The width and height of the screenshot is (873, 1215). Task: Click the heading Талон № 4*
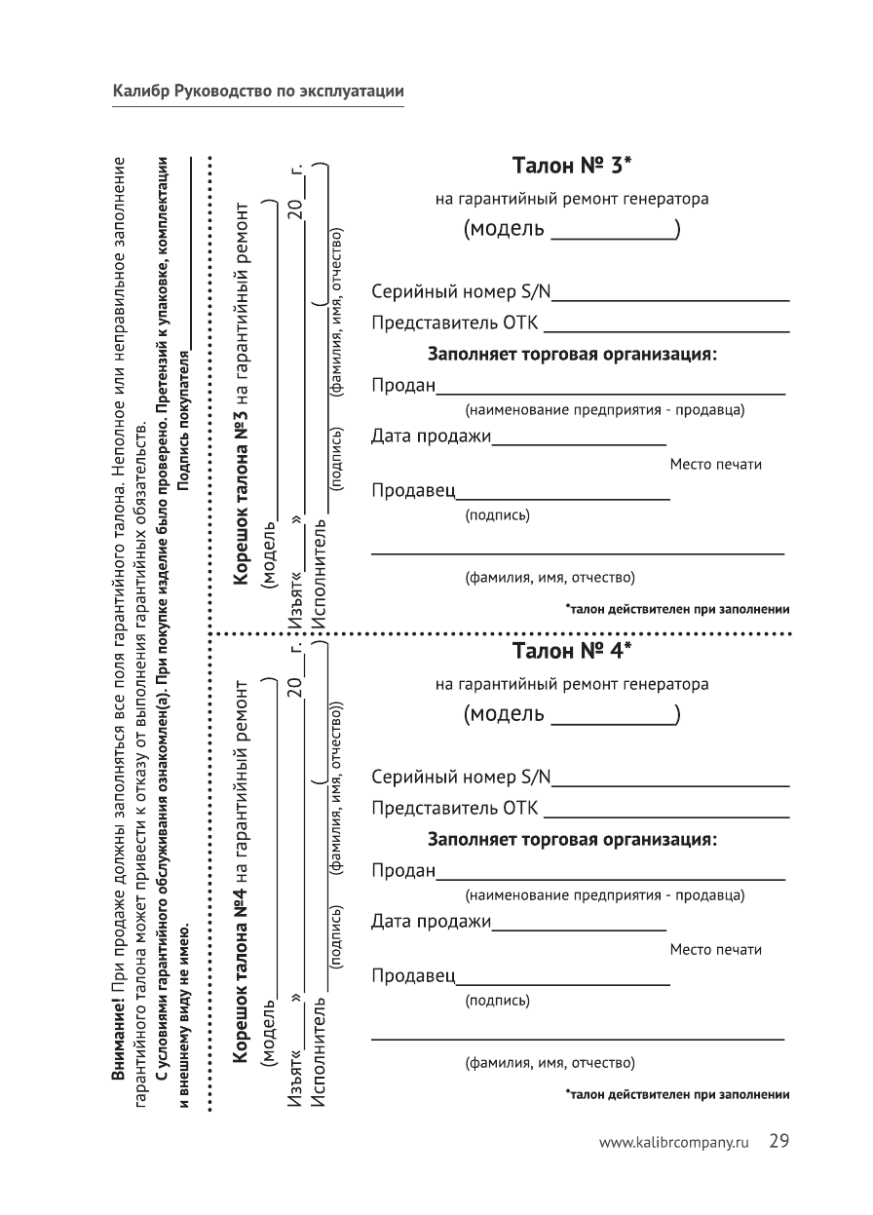(x=572, y=649)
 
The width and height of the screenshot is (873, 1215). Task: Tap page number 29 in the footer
(x=778, y=1141)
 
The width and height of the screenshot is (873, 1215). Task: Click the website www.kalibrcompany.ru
(x=678, y=1143)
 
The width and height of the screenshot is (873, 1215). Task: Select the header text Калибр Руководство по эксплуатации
(x=258, y=92)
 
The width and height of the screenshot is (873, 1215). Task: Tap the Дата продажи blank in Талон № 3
(x=579, y=443)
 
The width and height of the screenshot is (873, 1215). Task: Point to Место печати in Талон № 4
(x=715, y=949)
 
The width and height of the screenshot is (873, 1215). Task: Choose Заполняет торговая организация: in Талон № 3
(x=572, y=355)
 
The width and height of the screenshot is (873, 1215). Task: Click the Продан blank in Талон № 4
(x=610, y=878)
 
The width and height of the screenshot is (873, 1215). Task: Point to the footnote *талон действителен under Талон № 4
(x=676, y=1095)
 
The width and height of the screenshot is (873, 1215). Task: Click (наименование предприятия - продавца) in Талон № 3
(x=604, y=410)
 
